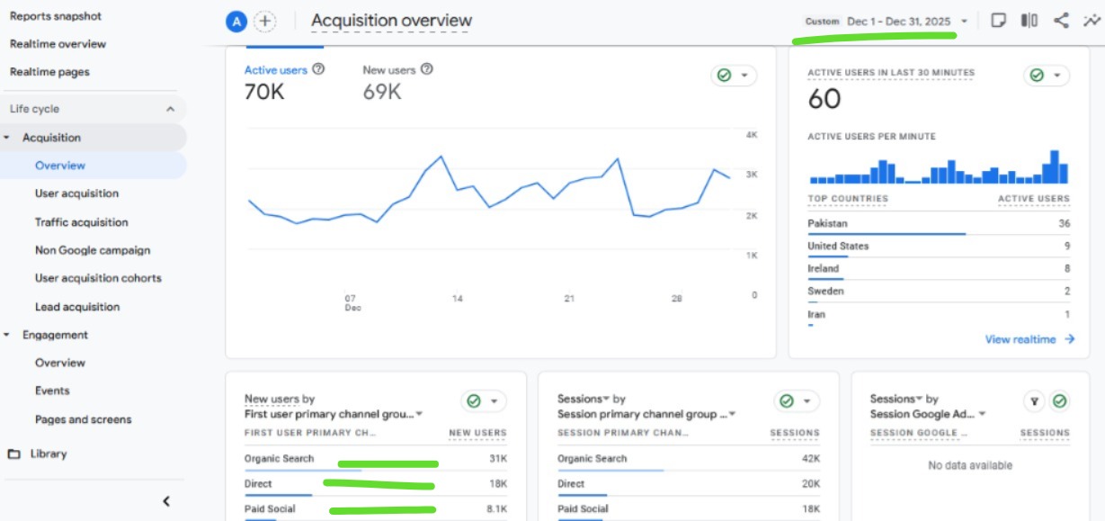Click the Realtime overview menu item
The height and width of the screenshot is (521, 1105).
[58, 44]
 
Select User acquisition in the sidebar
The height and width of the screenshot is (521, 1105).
[76, 193]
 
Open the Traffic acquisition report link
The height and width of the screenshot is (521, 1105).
[81, 222]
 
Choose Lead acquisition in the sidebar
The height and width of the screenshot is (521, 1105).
[76, 307]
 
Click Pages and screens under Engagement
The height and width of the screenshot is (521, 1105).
[83, 419]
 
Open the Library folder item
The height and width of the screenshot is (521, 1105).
[48, 454]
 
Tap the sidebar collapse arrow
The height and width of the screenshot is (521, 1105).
[166, 501]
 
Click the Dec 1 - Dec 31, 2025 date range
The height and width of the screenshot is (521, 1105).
[898, 21]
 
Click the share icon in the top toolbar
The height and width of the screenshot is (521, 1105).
[1061, 21]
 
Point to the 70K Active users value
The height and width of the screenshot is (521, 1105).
[264, 91]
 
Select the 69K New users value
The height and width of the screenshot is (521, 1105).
[382, 91]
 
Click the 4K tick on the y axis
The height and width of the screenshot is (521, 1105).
[752, 135]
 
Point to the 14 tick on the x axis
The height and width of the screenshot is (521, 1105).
[458, 299]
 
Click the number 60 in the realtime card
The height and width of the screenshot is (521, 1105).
[824, 99]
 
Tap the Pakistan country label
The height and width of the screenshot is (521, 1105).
[827, 223]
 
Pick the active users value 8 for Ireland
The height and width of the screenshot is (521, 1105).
[1066, 268]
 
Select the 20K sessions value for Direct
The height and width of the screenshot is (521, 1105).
[809, 484]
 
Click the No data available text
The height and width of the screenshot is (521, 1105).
[970, 465]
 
